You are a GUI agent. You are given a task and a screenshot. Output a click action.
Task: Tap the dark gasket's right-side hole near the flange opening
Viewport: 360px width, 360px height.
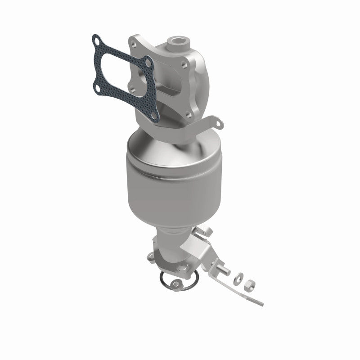147,63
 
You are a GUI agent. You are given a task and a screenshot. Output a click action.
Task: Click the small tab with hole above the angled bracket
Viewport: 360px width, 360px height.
207,232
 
